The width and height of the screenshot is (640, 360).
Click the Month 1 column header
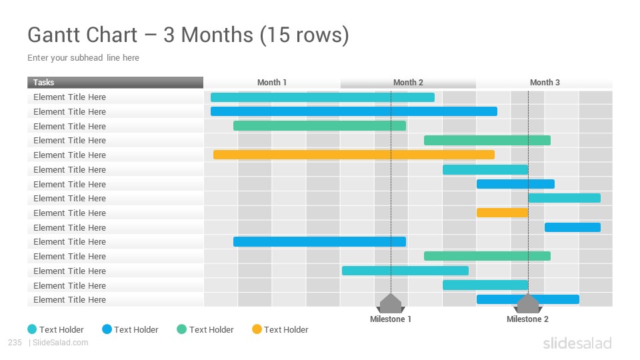pyautogui.click(x=272, y=83)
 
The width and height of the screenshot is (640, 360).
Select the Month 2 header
pyautogui.click(x=408, y=83)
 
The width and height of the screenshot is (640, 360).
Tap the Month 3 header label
pyautogui.click(x=545, y=83)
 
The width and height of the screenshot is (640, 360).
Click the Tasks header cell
pyautogui.click(x=115, y=83)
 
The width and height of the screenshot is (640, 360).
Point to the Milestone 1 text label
pyautogui.click(x=390, y=319)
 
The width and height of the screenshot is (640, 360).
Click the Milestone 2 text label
pyautogui.click(x=527, y=319)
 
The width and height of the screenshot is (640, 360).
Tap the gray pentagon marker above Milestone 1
pyautogui.click(x=391, y=303)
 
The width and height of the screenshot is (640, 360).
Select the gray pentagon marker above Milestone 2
pyautogui.click(x=528, y=303)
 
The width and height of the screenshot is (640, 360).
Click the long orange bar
pyautogui.click(x=354, y=155)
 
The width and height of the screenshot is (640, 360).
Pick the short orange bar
pyautogui.click(x=503, y=213)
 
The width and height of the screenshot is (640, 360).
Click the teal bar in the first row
pyautogui.click(x=323, y=97)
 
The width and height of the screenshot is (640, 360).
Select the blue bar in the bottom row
pyautogui.click(x=528, y=299)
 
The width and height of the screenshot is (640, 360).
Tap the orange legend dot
pyautogui.click(x=257, y=329)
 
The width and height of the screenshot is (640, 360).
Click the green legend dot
pyautogui.click(x=181, y=329)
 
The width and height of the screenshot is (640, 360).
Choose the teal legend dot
pyautogui.click(x=32, y=329)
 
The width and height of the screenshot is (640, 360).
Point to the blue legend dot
pyautogui.click(x=107, y=329)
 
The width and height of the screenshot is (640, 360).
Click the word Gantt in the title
pyautogui.click(x=83, y=35)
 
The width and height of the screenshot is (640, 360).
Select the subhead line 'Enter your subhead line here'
pyautogui.click(x=83, y=57)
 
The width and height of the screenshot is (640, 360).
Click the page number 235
pyautogui.click(x=15, y=343)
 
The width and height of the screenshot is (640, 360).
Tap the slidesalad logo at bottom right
pyautogui.click(x=577, y=343)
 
